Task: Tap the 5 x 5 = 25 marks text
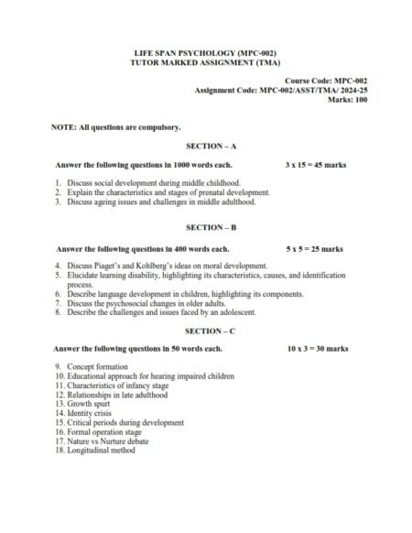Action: coord(315,247)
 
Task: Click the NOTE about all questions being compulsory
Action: coord(116,126)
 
